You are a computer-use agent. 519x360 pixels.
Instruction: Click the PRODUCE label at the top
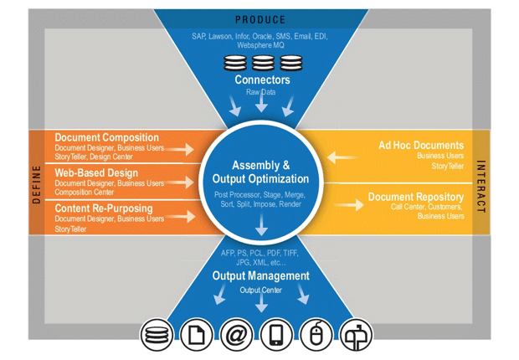point(259,19)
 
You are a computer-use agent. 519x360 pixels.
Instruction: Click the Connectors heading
point(262,80)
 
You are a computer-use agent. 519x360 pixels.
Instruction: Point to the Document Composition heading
point(106,137)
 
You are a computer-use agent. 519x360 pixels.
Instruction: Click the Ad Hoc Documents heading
point(420,145)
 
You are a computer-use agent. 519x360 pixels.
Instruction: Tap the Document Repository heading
point(415,198)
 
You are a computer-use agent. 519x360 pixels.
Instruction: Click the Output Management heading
point(260,275)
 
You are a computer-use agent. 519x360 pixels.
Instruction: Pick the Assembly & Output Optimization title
point(260,172)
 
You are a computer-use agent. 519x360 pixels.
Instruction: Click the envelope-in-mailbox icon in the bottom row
point(357,336)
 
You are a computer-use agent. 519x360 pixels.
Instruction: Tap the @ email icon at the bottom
point(237,336)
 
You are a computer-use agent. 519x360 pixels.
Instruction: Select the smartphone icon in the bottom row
point(277,336)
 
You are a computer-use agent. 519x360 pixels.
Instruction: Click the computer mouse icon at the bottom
point(317,336)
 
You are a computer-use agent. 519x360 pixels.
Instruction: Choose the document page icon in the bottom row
point(197,336)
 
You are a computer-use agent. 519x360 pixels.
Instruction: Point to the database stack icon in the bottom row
point(157,336)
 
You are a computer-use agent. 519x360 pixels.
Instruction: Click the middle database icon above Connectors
point(262,63)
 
